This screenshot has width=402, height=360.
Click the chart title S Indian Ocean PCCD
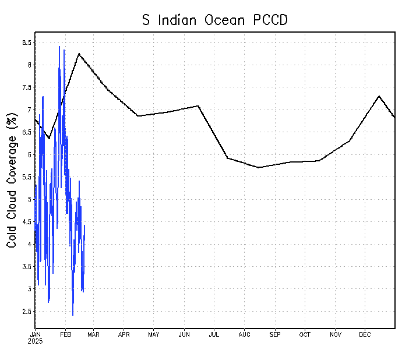pyautogui.click(x=216, y=20)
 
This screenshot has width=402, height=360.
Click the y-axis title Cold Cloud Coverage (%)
pyautogui.click(x=11, y=181)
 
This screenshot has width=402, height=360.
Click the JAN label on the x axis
pyautogui.click(x=35, y=334)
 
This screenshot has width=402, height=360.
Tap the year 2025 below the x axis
pyautogui.click(x=35, y=341)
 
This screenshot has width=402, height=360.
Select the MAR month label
pyautogui.click(x=93, y=334)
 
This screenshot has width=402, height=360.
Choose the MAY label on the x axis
pyautogui.click(x=154, y=334)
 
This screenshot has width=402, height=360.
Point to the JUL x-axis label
pyautogui.click(x=214, y=334)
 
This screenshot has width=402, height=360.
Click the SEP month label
pyautogui.click(x=275, y=334)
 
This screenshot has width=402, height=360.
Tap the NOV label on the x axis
pyautogui.click(x=336, y=334)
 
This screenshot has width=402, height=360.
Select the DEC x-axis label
pyautogui.click(x=365, y=334)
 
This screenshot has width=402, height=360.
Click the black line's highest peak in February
pyautogui.click(x=79, y=54)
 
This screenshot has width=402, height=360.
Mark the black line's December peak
pyautogui.click(x=379, y=96)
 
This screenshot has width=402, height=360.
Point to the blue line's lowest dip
pyautogui.click(x=73, y=315)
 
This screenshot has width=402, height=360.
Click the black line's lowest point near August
pyautogui.click(x=259, y=168)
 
